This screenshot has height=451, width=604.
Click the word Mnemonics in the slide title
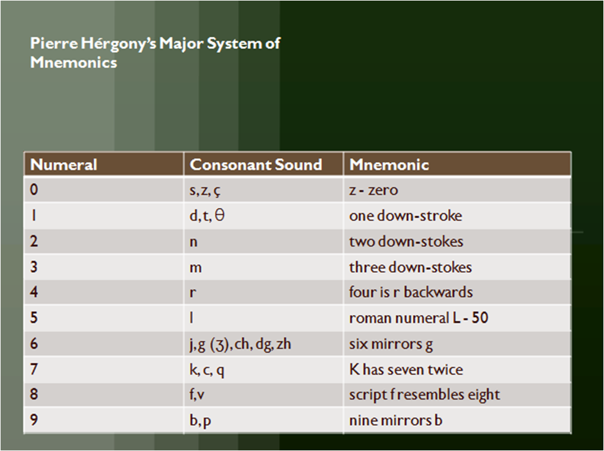pos(73,62)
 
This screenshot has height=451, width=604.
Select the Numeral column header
pos(64,165)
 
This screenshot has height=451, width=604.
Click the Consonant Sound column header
pos(256,165)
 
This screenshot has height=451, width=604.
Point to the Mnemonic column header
pos(389,165)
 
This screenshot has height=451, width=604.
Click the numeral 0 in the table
pos(34,190)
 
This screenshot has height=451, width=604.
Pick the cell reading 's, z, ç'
pos(205,191)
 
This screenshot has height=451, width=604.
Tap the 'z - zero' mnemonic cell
pos(373,190)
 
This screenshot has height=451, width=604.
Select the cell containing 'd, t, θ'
pos(207,216)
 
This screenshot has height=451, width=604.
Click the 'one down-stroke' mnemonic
pos(405,216)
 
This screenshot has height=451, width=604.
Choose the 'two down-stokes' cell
pos(406,242)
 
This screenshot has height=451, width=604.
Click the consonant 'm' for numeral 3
pos(196,268)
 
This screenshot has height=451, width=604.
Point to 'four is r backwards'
pos(411,293)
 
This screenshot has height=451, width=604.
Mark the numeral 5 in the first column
pos(34,318)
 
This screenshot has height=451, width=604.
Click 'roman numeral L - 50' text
pos(419,318)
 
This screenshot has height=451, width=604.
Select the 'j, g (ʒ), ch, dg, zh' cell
pos(240,345)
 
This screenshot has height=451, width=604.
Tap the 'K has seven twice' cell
pos(406,370)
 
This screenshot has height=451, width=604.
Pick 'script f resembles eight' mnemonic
pos(424,395)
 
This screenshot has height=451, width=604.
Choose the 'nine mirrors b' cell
pos(395,421)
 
